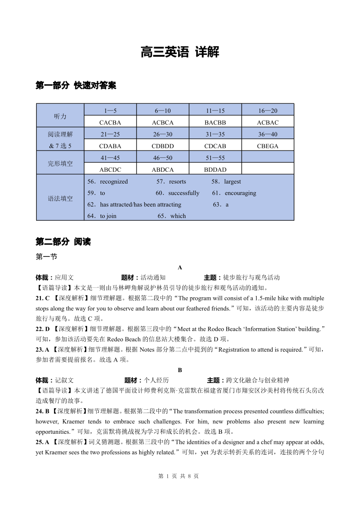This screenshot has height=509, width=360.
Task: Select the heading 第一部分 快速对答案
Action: (76, 85)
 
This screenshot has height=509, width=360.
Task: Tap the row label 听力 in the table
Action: (60, 116)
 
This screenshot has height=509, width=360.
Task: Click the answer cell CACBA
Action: (110, 122)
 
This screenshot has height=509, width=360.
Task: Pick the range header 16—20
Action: (268, 111)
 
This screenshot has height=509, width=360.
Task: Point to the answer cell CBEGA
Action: (268, 146)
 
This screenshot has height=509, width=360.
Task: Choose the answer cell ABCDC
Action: (110, 170)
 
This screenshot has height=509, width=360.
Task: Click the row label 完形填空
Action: (60, 164)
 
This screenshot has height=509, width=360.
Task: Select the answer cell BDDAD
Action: (215, 170)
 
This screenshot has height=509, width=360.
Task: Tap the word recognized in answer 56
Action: (114, 182)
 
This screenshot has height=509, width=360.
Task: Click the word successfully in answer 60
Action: (184, 193)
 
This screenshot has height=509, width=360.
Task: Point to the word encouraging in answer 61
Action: (240, 193)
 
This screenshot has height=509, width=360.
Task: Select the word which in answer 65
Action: (178, 216)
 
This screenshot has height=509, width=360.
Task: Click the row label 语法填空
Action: (60, 199)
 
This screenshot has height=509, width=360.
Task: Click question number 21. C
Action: (43, 298)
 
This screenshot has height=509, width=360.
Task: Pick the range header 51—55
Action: (215, 158)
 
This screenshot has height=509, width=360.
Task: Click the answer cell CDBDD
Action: (163, 146)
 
